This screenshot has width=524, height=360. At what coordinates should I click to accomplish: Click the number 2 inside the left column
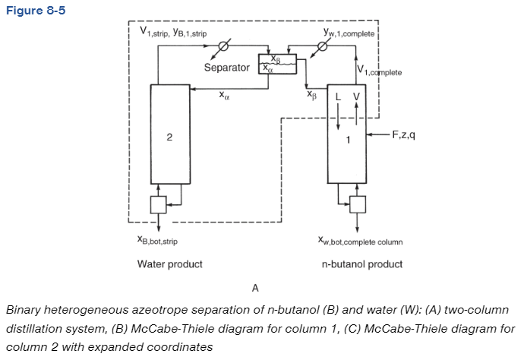[x=169, y=137]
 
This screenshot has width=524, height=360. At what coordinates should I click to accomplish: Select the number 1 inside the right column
[x=347, y=138]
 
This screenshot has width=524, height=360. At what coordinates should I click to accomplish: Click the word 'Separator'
[x=226, y=68]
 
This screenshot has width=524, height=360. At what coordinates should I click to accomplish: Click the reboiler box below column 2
[x=157, y=204]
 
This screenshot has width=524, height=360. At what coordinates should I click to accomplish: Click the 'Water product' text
[x=169, y=264]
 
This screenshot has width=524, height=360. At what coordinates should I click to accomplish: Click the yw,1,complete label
[x=350, y=33]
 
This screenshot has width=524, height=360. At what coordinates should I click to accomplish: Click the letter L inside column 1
[x=339, y=96]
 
